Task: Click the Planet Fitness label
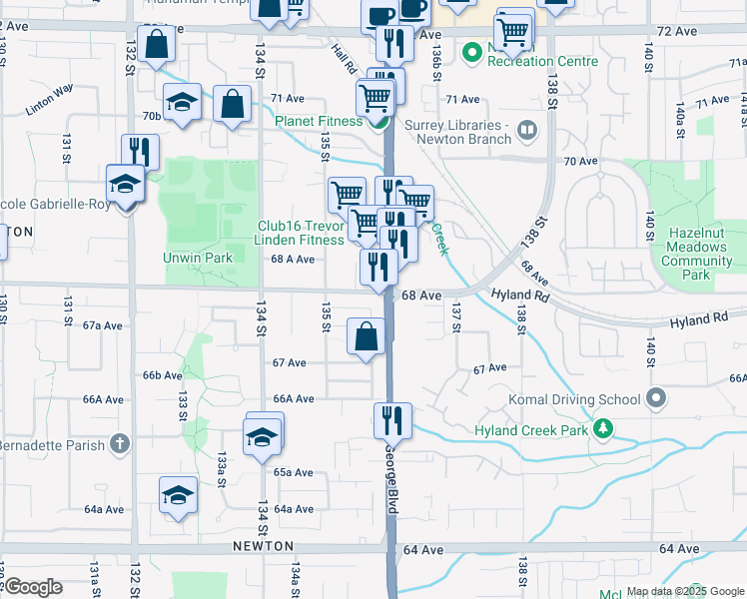point(320,122)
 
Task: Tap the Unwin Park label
point(198,258)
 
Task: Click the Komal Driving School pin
point(655,399)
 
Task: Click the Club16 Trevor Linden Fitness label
point(301,233)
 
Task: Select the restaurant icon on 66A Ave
point(392,420)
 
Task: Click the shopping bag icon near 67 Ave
point(367,336)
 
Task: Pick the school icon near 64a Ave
point(178,494)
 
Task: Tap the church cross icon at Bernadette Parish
point(119,441)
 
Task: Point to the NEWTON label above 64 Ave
point(264,546)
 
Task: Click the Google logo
point(33,588)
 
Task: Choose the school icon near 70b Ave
point(182,102)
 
